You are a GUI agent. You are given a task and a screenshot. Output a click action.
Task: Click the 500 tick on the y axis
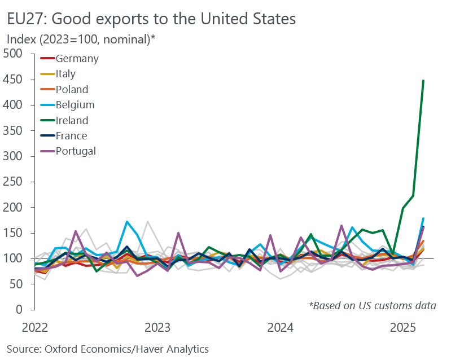[x=12, y=54]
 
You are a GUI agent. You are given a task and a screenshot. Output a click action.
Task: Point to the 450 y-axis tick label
[x=12, y=80]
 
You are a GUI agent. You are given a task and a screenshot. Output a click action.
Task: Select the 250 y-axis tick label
[x=12, y=182]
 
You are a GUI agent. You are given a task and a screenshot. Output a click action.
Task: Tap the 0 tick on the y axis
[x=19, y=310]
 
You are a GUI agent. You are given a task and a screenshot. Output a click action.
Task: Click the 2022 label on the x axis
[x=35, y=327]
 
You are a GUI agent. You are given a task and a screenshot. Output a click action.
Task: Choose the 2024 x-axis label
[x=280, y=327]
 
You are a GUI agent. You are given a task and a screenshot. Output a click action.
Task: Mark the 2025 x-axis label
[x=402, y=327]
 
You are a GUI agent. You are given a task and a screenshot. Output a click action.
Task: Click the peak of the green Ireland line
[x=423, y=81]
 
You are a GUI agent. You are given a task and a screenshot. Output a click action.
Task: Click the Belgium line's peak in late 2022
[x=127, y=222]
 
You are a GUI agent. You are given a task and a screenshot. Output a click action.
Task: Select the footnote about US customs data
[x=373, y=306]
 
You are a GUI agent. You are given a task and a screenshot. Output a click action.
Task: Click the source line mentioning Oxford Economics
[x=108, y=349]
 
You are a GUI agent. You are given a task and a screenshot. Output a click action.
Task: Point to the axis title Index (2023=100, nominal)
[x=81, y=39]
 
